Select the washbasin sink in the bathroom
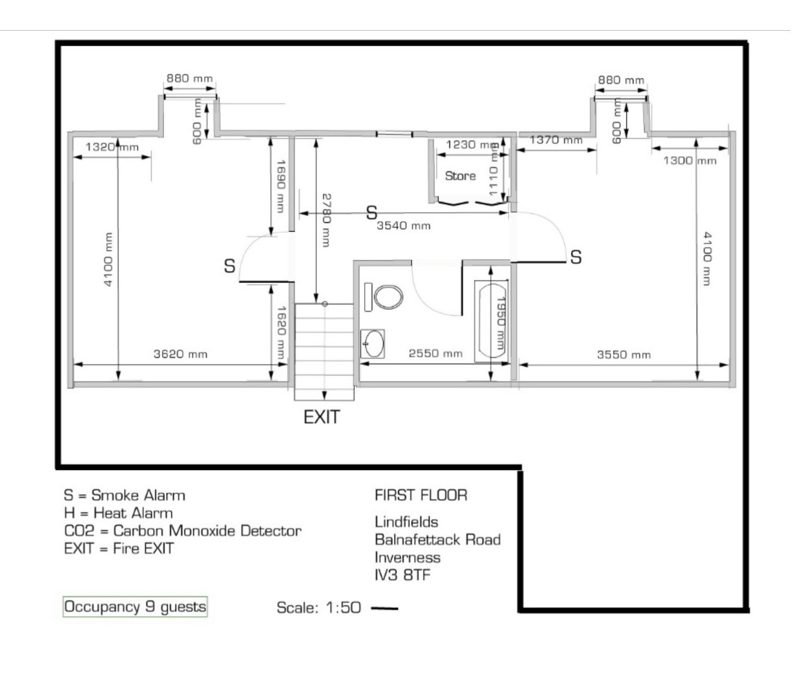373,343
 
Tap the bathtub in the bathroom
491,319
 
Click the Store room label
460,176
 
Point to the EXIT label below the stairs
322,417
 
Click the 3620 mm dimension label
180,354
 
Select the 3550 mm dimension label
623,355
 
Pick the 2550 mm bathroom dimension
435,354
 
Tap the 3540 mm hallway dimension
404,226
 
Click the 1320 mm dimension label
112,147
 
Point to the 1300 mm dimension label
690,160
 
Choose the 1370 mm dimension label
556,140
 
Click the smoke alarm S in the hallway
371,212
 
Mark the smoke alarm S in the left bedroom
230,266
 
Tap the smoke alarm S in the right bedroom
576,257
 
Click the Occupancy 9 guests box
135,607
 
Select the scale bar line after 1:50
385,608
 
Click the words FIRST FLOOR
421,495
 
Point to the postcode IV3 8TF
403,575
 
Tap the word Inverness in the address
407,557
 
